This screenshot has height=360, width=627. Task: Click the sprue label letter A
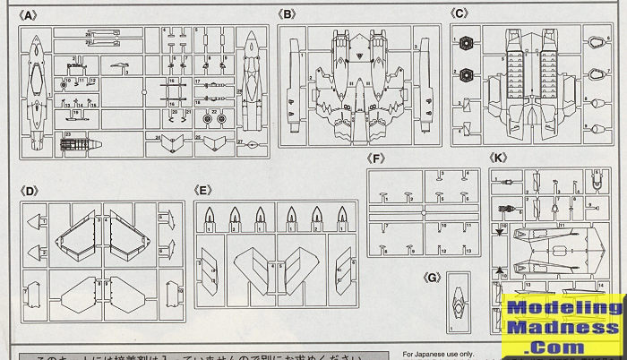tap(29, 15)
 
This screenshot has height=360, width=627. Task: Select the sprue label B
tap(287, 15)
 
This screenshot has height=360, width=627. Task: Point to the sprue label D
tap(30, 190)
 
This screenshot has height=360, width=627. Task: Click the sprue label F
tap(377, 159)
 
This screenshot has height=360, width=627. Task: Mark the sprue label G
tap(433, 278)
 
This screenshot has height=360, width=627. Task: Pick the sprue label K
tap(500, 159)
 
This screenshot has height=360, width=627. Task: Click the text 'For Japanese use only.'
tap(440, 353)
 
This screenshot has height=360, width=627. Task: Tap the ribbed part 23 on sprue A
tap(78, 141)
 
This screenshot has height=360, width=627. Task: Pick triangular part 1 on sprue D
tap(34, 223)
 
